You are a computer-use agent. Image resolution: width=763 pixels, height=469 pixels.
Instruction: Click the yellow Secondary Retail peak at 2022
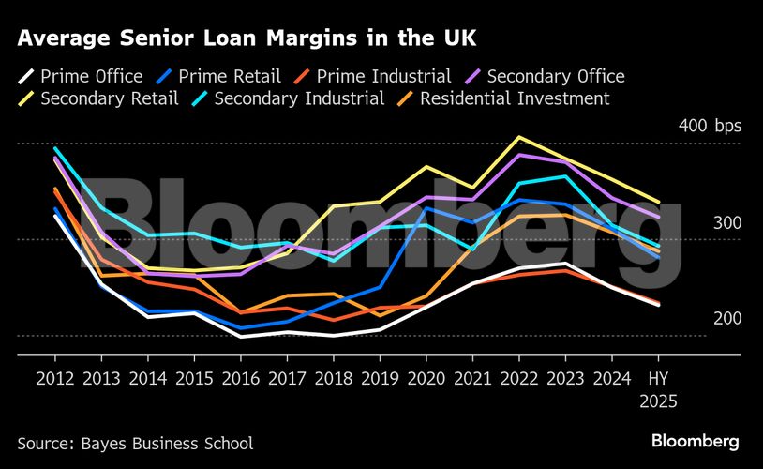pos(517,137)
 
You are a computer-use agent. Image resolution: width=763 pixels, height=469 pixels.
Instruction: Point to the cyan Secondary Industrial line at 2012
pos(55,148)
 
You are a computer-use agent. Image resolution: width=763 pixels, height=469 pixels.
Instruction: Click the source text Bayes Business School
pos(135,443)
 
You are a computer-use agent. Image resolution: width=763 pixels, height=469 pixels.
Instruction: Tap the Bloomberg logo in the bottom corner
pos(695,441)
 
